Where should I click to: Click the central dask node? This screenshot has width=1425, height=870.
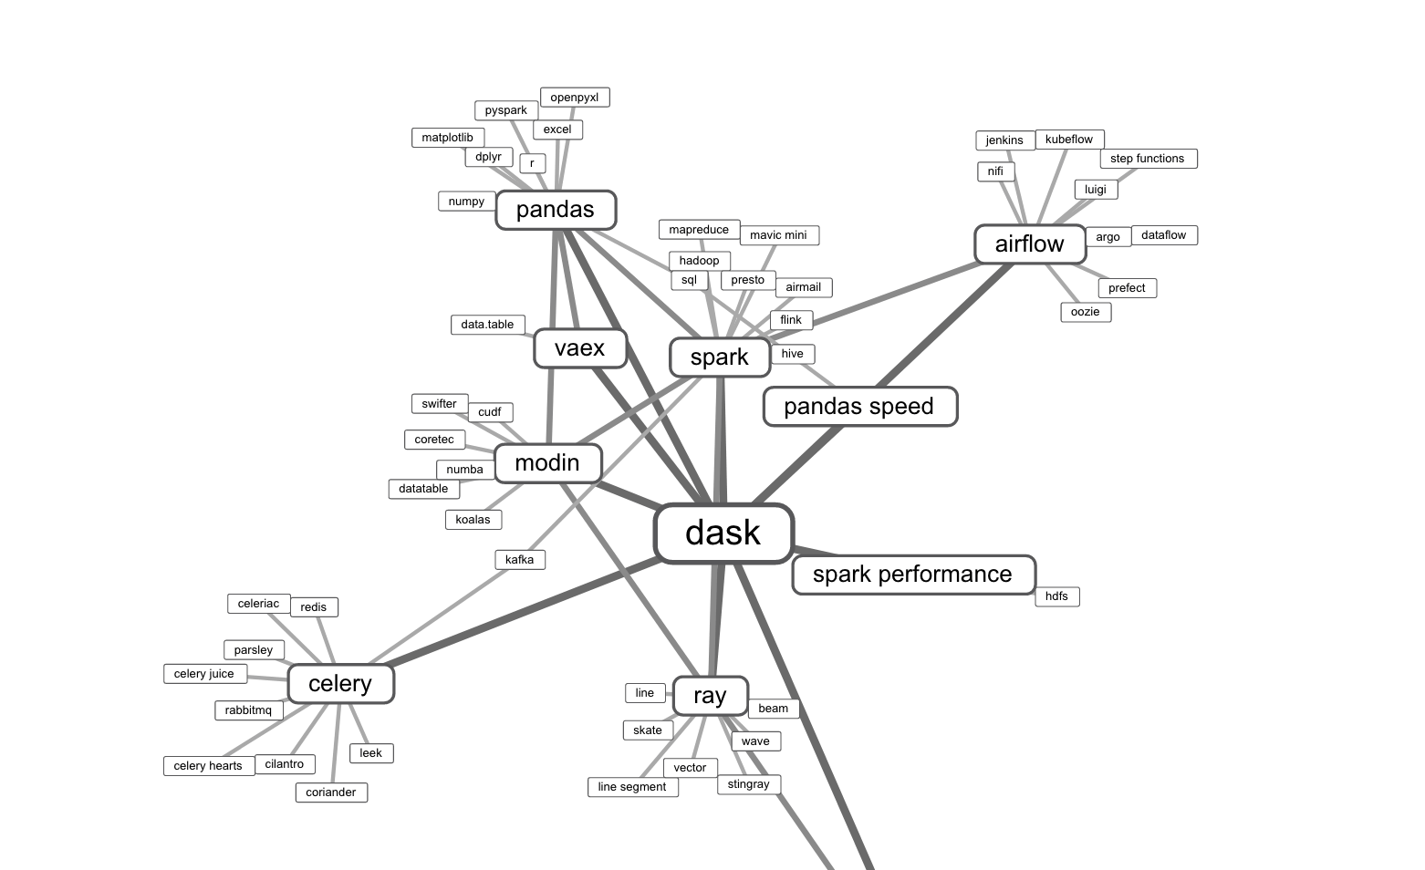[x=723, y=533]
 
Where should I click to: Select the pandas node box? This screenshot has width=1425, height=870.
[x=556, y=210]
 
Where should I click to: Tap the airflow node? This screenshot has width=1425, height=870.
[x=1030, y=244]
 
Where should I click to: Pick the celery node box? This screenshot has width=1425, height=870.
[x=340, y=684]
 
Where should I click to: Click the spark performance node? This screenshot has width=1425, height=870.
[x=913, y=575]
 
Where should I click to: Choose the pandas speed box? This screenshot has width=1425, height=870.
[x=859, y=407]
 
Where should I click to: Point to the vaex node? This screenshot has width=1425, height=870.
[x=580, y=348]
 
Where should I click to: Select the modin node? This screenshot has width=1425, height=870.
[x=547, y=463]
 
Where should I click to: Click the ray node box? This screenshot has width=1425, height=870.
[x=710, y=696]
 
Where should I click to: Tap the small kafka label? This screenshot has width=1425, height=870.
[x=520, y=560]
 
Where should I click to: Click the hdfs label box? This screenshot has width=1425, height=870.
[x=1056, y=596]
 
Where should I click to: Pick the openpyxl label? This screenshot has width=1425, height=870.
[x=575, y=98]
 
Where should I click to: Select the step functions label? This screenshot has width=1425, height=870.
[x=1148, y=159]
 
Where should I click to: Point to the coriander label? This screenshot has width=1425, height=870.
[x=331, y=792]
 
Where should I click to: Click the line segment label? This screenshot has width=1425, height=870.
[x=632, y=787]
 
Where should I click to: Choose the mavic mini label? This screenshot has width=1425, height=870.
[x=778, y=235]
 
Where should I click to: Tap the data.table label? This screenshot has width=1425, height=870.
[x=487, y=325]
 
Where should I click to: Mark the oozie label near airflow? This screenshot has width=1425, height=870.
[x=1086, y=312]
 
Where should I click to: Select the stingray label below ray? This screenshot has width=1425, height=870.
[x=749, y=784]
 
